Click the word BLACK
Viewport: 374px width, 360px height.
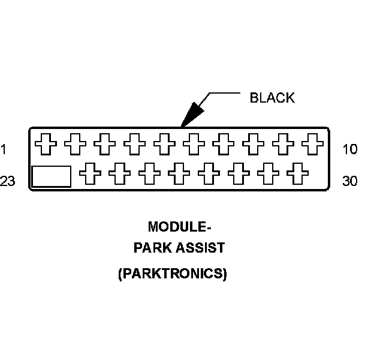(272, 98)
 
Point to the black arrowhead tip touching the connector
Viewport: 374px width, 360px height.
(182, 125)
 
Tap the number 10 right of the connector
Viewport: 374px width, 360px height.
(350, 149)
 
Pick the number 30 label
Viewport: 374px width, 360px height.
(350, 181)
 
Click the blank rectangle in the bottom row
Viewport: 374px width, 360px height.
(51, 176)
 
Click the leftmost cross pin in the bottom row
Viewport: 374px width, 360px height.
(91, 174)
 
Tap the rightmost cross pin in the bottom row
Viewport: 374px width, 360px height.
(297, 174)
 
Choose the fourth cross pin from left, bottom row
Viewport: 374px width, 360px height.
(179, 174)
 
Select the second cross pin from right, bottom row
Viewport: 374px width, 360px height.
(268, 174)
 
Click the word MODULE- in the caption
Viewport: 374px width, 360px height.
(180, 227)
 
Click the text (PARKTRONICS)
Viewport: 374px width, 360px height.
(173, 274)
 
